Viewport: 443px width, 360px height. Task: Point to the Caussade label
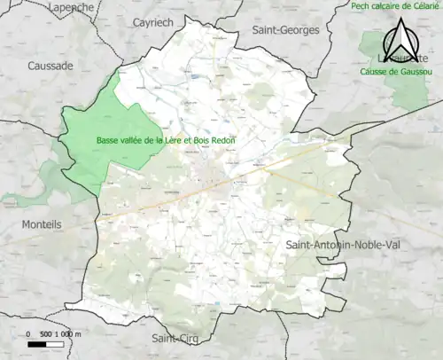point(51,66)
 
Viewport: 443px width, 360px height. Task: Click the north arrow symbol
point(399,39)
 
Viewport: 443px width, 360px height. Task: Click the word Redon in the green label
point(221,140)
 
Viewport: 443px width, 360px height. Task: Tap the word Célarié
point(424,6)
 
